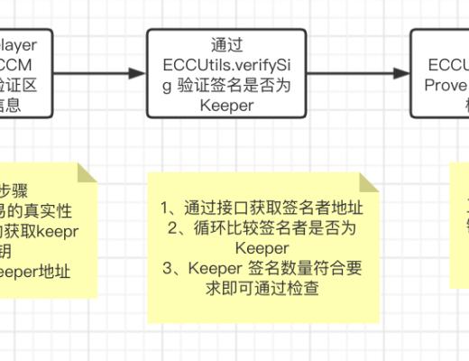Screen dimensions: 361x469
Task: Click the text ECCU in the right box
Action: [446, 65]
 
